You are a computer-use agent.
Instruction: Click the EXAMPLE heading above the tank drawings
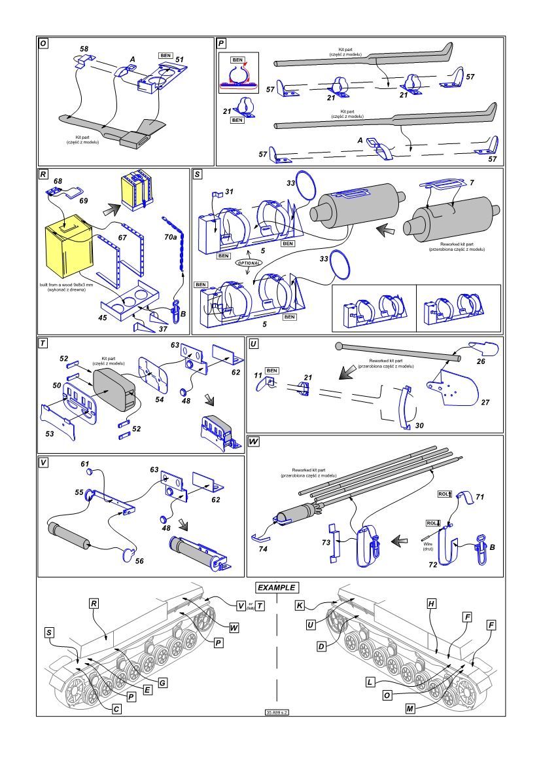click(x=275, y=587)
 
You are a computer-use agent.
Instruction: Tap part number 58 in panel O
click(x=84, y=48)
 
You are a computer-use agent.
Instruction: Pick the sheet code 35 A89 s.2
click(x=276, y=712)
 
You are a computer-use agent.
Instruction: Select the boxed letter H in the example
click(x=432, y=603)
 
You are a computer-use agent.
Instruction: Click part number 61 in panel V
click(x=84, y=464)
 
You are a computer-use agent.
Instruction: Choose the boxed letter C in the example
click(x=115, y=708)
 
